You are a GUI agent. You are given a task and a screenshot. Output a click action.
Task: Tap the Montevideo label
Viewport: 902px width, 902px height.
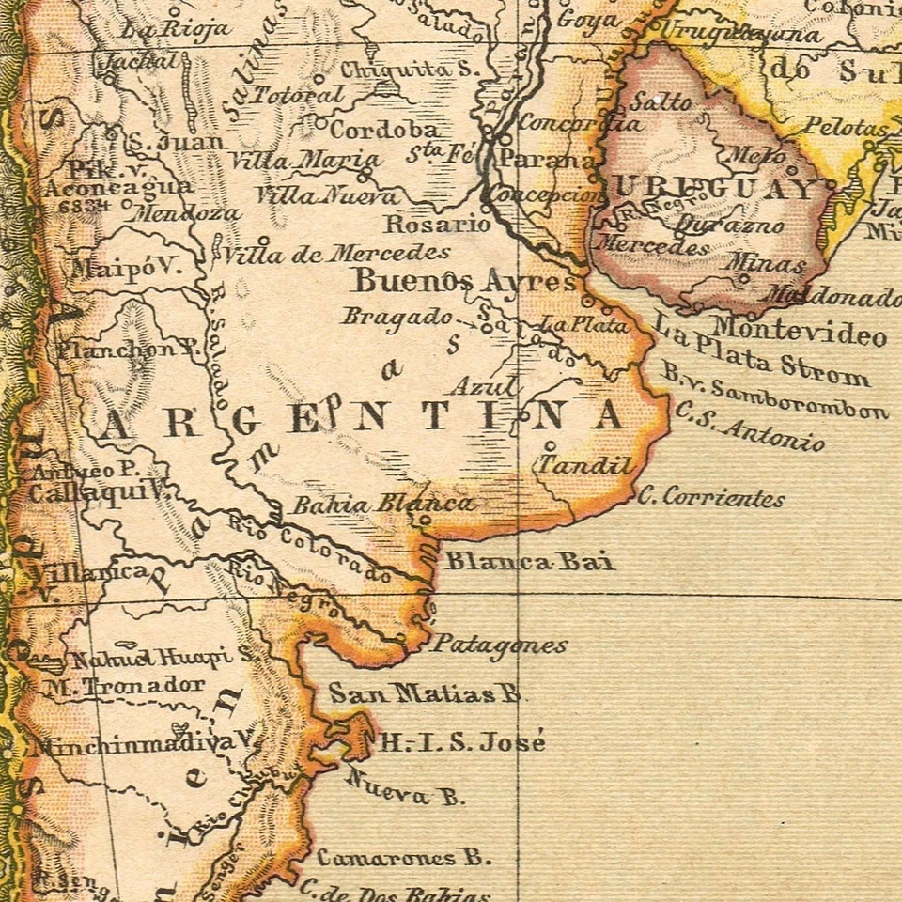point(799,331)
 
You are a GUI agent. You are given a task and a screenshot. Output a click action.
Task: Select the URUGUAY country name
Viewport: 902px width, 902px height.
point(714,189)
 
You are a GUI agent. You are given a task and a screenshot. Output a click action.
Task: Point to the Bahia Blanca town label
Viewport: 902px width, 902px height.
point(382,505)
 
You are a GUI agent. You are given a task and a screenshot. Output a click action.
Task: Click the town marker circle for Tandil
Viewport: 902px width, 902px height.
point(551,446)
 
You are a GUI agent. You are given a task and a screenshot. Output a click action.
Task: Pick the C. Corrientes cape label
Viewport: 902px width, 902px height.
point(710,498)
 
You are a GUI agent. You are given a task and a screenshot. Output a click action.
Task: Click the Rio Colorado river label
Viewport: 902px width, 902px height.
point(310,551)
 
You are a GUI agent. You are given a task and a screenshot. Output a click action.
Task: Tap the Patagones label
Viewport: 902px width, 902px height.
point(499,645)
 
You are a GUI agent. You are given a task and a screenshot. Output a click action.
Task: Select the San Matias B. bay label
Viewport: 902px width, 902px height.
point(424,694)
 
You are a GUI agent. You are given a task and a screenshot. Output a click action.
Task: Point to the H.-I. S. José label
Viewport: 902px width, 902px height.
point(461,742)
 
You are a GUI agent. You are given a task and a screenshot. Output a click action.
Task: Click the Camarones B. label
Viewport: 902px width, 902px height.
point(403,857)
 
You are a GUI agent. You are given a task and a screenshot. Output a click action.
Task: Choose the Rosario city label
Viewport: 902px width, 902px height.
point(437,225)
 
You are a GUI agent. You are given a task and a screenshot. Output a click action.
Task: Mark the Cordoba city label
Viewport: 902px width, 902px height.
point(383,130)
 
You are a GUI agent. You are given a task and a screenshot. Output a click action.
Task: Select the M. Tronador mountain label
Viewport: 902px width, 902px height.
point(123,685)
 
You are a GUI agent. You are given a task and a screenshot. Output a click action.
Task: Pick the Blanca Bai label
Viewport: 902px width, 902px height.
point(529,562)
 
